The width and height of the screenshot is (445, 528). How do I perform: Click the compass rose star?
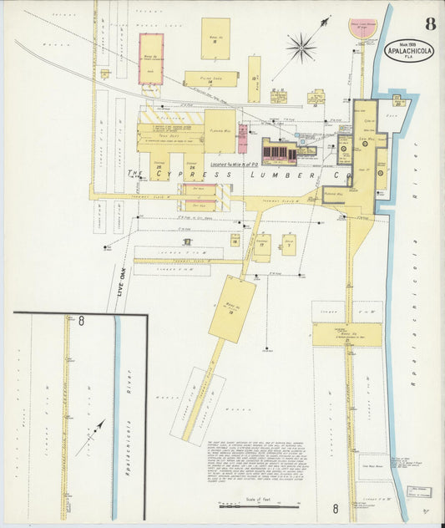click(301, 48)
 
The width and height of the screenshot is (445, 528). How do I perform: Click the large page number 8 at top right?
click(429, 23)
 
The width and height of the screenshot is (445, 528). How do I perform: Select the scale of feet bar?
click(258, 506)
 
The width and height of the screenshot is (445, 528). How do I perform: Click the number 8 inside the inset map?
click(81, 320)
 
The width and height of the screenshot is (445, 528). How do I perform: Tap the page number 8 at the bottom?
click(335, 507)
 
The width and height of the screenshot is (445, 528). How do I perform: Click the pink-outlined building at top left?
click(151, 58)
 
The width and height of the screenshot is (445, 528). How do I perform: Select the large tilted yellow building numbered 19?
click(232, 309)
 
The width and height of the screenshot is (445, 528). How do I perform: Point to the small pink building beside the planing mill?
click(241, 138)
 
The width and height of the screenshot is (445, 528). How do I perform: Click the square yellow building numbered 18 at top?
click(215, 38)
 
